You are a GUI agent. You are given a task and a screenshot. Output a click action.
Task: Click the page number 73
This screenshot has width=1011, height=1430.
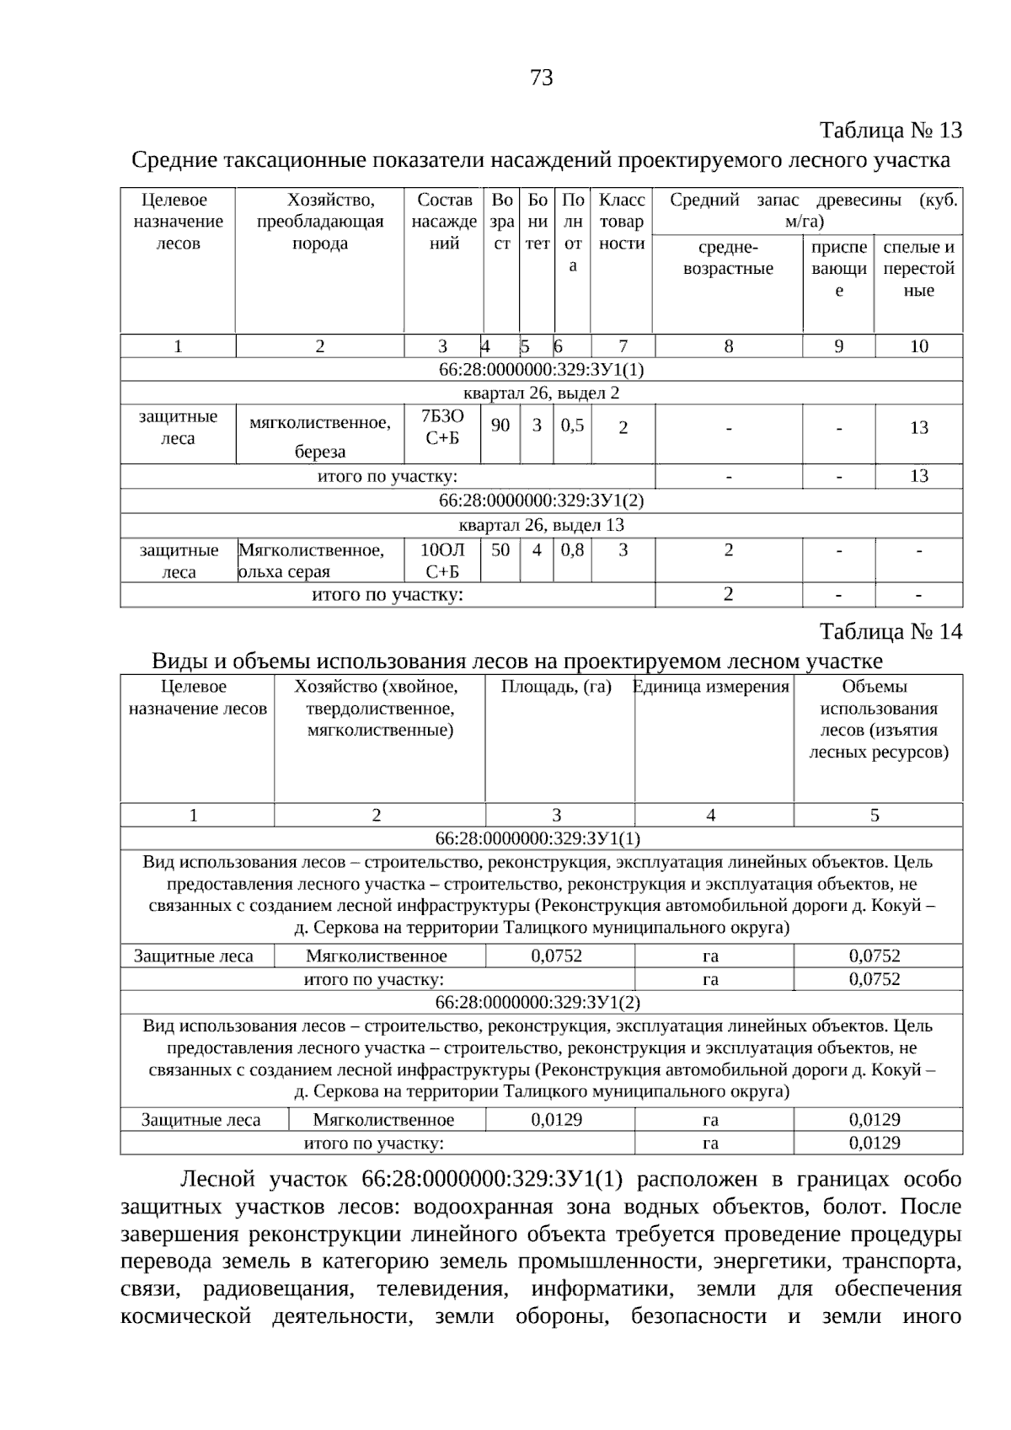542,78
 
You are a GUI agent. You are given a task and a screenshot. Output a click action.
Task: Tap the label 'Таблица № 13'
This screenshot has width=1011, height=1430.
891,131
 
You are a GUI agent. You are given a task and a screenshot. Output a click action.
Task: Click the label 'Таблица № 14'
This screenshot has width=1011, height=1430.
891,632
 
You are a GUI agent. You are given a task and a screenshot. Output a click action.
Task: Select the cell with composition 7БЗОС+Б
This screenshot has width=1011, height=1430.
442,427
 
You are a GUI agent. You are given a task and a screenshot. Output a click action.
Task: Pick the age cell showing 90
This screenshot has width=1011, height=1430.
500,425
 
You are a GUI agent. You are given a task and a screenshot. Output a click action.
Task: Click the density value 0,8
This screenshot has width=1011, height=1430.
572,549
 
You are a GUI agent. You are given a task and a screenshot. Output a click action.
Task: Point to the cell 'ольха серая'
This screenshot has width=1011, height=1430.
284,571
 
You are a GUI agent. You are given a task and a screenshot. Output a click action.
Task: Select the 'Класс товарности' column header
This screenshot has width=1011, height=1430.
622,222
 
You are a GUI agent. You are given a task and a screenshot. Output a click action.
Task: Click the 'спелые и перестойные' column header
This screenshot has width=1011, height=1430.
918,268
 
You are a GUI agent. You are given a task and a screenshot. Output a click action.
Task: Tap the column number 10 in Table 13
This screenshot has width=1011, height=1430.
918,346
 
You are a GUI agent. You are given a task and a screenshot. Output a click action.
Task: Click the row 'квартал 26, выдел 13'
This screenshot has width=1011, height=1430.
541,525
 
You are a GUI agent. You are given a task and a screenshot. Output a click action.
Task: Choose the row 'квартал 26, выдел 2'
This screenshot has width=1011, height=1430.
541,393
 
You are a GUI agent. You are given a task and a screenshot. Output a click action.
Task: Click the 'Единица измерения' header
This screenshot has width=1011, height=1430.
712,687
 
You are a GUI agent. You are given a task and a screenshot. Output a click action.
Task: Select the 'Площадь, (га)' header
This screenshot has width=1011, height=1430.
556,687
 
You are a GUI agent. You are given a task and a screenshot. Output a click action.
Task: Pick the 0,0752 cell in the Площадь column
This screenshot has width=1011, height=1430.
556,956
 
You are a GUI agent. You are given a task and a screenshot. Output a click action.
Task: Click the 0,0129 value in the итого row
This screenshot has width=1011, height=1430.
875,1143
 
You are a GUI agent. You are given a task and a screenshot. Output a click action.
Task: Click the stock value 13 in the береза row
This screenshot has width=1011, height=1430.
918,427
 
